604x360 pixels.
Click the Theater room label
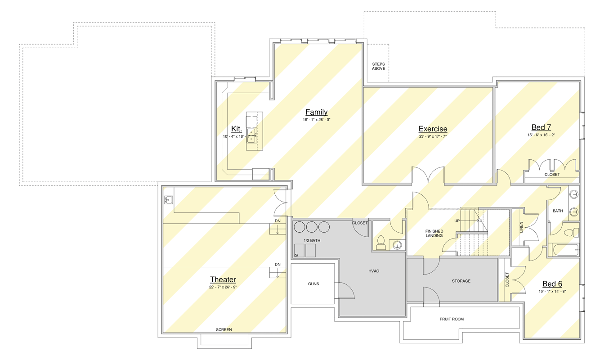click(223, 279)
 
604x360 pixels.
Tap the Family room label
click(317, 112)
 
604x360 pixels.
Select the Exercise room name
click(433, 129)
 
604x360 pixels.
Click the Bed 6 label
click(552, 283)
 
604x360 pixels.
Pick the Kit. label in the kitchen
click(237, 129)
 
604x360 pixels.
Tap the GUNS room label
click(313, 284)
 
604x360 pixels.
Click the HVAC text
click(374, 271)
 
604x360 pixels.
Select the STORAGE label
click(461, 281)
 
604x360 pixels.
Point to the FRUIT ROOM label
click(452, 319)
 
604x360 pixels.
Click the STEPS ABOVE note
click(378, 66)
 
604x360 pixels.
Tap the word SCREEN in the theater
click(224, 330)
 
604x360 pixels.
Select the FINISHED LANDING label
click(434, 234)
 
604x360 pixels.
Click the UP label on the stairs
click(457, 221)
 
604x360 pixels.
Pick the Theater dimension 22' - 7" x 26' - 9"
click(223, 287)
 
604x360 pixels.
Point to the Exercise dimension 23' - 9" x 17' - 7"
click(433, 136)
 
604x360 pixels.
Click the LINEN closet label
click(521, 227)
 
